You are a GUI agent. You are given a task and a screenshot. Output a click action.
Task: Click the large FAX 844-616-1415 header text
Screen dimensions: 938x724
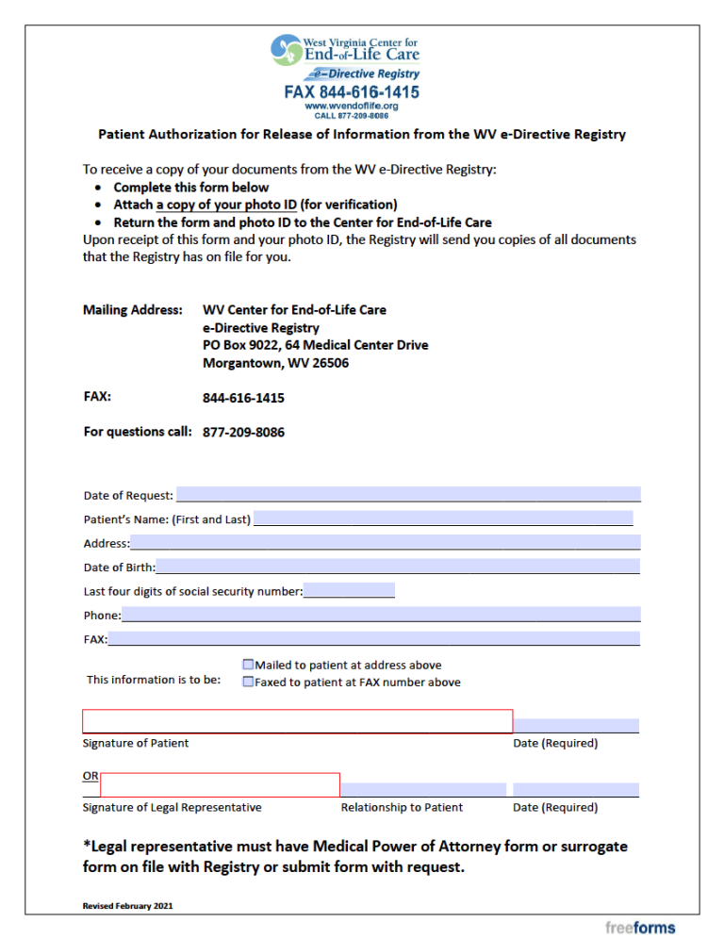352,92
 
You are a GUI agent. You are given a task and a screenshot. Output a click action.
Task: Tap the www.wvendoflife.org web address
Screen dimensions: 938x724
352,107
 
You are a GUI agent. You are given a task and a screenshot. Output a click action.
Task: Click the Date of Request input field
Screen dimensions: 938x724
407,494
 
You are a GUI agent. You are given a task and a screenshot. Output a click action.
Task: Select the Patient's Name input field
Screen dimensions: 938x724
443,518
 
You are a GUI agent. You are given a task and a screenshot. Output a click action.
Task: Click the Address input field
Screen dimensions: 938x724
385,542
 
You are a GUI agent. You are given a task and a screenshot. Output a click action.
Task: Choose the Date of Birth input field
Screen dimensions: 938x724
397,567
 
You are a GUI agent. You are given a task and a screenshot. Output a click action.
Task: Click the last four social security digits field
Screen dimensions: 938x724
349,591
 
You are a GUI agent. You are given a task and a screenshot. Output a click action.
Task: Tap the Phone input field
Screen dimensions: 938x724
380,615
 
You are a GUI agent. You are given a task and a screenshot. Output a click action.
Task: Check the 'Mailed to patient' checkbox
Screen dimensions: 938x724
248,665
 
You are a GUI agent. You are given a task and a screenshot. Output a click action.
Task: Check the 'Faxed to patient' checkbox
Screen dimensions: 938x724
248,682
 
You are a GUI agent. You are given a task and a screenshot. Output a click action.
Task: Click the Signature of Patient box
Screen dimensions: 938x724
297,721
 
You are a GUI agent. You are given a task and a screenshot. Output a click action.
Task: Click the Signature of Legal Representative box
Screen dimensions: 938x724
220,785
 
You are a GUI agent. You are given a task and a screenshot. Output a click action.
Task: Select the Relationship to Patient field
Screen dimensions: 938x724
423,789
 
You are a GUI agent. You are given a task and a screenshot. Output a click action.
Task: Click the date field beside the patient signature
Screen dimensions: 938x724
576,725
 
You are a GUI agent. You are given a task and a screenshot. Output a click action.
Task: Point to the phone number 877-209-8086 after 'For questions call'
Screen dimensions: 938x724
243,433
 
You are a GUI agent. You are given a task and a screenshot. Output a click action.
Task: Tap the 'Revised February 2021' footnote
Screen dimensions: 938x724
127,906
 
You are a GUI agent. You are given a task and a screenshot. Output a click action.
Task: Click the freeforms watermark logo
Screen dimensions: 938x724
640,928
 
